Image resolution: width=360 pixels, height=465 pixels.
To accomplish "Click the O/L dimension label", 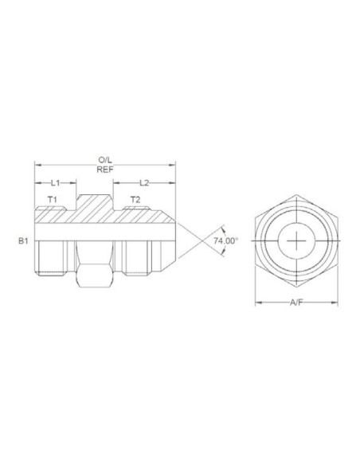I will [x=104, y=160].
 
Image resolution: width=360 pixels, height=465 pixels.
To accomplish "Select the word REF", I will [x=104, y=170].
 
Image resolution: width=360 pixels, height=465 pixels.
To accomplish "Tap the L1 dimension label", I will [x=55, y=183].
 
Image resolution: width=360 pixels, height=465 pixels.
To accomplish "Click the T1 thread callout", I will [x=52, y=198].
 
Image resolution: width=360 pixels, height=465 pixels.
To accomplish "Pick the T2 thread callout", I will [x=135, y=198].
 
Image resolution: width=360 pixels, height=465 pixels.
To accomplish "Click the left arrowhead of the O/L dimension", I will [x=36, y=165].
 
